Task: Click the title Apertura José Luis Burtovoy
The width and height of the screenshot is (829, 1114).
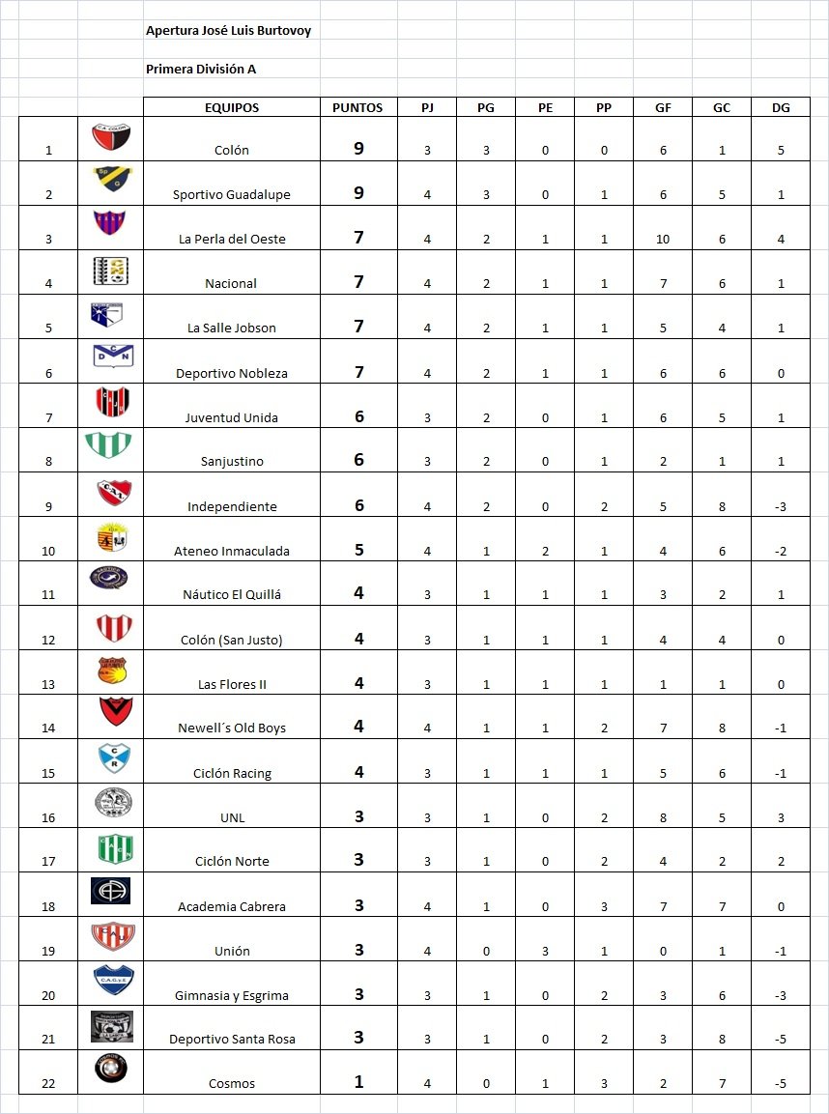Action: coord(228,31)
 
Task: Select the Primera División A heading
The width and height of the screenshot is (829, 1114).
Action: coord(201,70)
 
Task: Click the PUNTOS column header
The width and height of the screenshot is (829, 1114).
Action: coord(357,108)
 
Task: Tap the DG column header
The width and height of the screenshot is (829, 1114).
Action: coord(781,108)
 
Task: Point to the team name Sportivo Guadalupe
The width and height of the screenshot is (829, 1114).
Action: coord(232,194)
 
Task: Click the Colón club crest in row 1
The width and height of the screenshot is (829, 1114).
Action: coord(111,137)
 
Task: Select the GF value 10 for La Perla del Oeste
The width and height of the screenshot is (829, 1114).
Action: coord(663,239)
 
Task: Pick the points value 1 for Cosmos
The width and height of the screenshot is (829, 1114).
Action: coord(358,1082)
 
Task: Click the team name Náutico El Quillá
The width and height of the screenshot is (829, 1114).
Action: coord(232,595)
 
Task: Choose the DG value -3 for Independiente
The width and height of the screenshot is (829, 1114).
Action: coord(781,506)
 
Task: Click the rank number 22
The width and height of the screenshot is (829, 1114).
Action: coord(48,1083)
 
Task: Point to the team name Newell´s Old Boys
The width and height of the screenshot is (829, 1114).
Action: coord(232,728)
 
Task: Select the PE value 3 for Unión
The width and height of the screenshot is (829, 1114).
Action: coord(545,951)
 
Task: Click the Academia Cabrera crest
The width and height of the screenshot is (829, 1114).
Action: coord(110,891)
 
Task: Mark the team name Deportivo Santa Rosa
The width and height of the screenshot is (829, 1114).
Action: coord(232,1040)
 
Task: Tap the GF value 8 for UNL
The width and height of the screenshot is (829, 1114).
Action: coord(663,817)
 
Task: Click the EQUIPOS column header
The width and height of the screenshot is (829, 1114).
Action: coord(232,108)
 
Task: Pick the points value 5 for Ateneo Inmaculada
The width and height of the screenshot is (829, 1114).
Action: coord(358,550)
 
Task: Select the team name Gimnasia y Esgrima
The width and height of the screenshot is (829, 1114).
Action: coord(232,995)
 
